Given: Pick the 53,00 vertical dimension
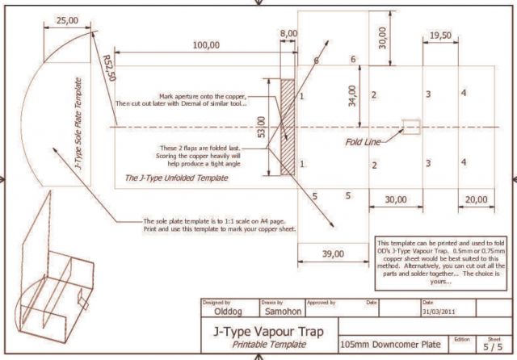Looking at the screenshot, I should (260, 126).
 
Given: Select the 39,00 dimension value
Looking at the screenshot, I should (332, 253).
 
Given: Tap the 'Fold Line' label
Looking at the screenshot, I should (366, 142).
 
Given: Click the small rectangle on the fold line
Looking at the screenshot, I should (411, 126).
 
